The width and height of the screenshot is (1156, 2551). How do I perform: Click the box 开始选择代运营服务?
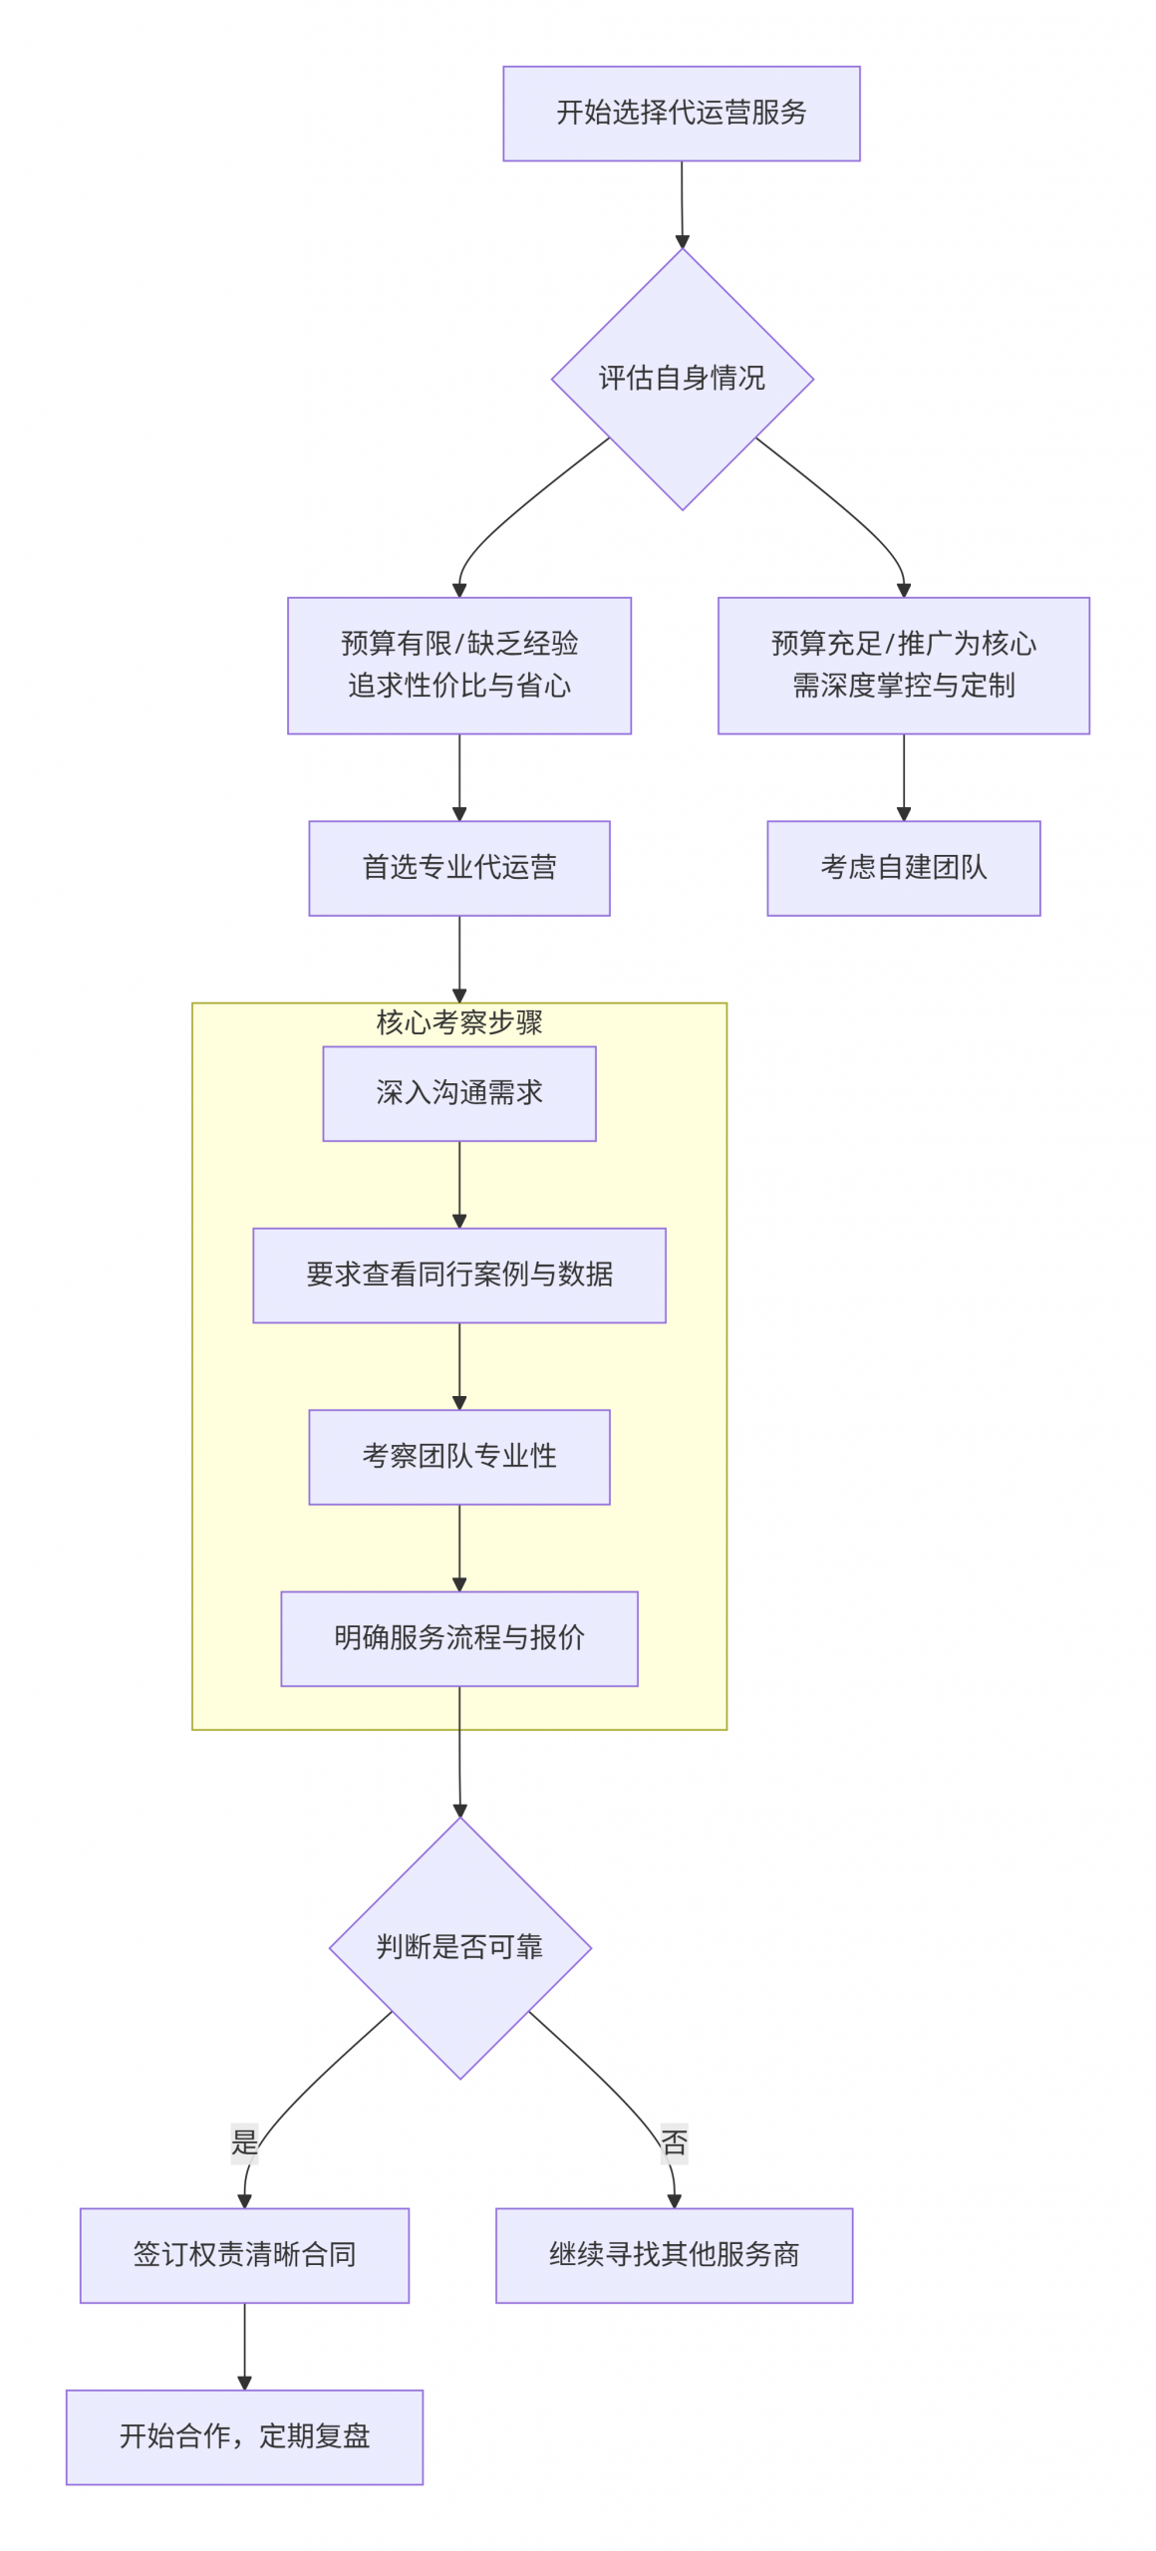coord(681,114)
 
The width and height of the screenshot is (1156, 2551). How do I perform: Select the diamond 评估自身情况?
coord(682,379)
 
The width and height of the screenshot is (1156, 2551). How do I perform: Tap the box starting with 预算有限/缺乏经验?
coord(459,666)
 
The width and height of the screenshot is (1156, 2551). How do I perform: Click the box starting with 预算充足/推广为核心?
coord(903,666)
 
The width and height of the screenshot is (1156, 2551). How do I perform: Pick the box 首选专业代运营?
coord(459,868)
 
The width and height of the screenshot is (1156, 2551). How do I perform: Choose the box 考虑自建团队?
coord(903,868)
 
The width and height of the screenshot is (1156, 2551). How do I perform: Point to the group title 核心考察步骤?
coord(459,1022)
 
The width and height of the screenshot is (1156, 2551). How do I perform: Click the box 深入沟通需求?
coord(459,1093)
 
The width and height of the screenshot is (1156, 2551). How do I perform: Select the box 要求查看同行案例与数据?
coord(459,1275)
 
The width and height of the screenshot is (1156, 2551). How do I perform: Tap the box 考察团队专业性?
coord(459,1457)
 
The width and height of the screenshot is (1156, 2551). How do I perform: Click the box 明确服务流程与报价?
coord(459,1638)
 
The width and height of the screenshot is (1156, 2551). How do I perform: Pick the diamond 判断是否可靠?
coord(459,1947)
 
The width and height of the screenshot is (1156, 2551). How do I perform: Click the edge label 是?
coord(244,2140)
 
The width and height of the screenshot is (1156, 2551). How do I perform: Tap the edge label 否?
coord(674,2142)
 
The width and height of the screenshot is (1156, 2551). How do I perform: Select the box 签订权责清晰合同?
coord(244,2255)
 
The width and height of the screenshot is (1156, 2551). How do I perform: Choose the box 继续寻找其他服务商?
coord(674,2255)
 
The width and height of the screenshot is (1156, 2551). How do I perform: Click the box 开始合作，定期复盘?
coord(244,2436)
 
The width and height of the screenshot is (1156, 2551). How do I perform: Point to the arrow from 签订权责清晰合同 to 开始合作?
coord(244,2346)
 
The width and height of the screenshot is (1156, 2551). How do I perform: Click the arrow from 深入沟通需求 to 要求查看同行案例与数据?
coord(459,1184)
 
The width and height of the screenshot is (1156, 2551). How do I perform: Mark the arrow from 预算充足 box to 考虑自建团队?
coord(903,777)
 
